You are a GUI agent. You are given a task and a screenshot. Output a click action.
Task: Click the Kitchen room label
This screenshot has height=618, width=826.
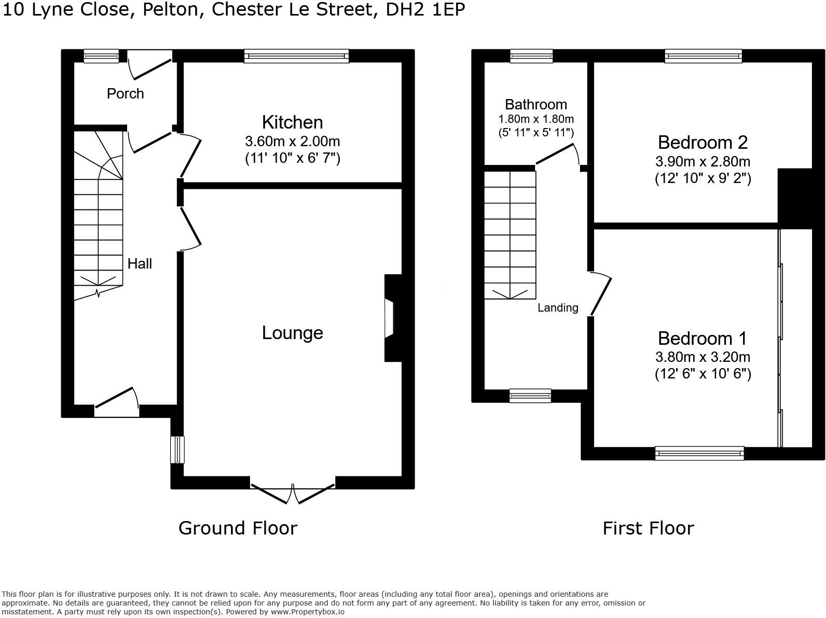292,122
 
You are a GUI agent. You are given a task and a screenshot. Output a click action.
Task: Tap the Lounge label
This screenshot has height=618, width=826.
292,333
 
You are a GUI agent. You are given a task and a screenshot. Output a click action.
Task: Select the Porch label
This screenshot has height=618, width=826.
125,94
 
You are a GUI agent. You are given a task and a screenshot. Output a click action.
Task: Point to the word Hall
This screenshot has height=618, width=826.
140,264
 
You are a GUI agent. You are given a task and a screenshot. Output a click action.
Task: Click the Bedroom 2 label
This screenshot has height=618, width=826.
703,142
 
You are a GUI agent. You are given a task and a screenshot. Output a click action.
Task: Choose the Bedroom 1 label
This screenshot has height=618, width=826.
702,339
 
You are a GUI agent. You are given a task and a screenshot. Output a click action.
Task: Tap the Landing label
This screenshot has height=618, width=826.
558,308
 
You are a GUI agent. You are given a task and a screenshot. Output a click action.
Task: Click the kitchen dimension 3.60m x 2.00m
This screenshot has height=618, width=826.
292,141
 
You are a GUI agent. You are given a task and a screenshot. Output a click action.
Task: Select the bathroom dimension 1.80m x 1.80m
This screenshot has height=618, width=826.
536,119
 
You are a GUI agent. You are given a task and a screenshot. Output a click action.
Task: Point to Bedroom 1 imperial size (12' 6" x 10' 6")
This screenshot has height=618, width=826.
703,374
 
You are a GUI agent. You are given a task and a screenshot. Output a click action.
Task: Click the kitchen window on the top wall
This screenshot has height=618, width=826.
296,56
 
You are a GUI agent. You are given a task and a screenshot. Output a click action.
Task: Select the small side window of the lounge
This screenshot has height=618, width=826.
177,450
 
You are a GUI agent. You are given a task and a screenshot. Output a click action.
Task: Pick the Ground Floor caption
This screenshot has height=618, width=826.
238,528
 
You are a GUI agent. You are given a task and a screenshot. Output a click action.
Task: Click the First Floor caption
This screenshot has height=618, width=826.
648,528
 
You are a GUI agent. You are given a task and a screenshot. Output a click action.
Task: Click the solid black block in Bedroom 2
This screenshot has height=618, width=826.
794,198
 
